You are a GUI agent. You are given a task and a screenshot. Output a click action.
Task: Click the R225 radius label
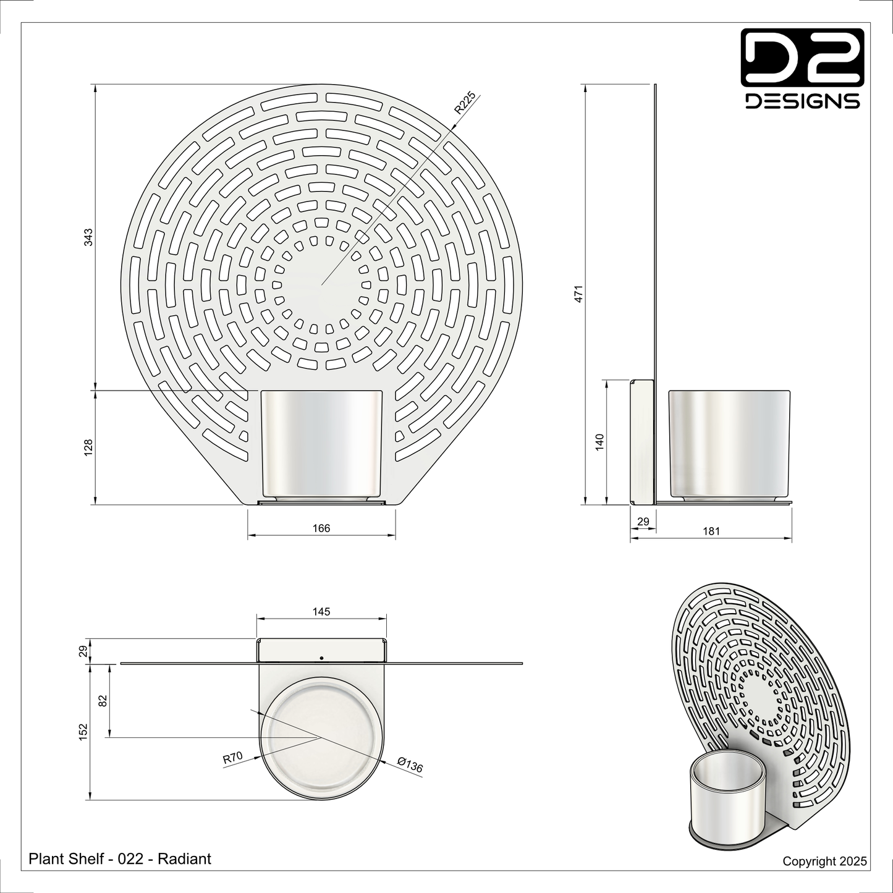465,103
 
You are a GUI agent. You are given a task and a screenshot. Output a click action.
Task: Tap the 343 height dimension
88,237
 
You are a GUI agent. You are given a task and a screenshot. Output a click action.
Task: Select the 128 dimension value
88,447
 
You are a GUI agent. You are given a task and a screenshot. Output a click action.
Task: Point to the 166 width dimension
321,528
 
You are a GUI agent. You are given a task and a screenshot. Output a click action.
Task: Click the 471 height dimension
578,294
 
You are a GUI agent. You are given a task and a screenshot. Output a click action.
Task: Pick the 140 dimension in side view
599,442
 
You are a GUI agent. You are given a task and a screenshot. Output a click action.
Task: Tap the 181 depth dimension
711,531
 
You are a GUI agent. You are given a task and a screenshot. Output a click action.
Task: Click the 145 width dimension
321,612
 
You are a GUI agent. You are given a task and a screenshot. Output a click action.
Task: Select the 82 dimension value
103,700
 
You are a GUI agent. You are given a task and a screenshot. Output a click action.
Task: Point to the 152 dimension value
84,731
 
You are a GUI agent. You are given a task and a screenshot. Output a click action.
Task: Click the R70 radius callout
233,758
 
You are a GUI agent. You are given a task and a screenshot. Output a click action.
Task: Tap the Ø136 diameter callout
410,765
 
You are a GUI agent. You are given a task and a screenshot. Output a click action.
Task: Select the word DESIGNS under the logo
802,101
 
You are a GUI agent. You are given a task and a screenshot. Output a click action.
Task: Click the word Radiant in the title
185,858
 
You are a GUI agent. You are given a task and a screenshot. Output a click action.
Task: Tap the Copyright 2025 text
824,861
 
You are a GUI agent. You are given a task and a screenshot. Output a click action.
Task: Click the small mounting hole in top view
321,658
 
